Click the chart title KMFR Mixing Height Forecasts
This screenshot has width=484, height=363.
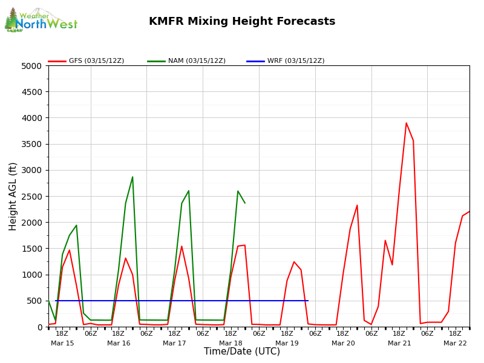(x=242, y=22)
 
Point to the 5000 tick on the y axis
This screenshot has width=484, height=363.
(x=31, y=66)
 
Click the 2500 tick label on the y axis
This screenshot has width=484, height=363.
(x=31, y=197)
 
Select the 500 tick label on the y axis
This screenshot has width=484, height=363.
(x=35, y=301)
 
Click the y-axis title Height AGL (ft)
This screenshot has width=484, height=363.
(x=13, y=196)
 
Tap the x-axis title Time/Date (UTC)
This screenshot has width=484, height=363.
(x=242, y=352)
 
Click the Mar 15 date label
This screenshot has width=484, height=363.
(x=62, y=343)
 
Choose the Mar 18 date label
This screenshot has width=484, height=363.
(x=231, y=343)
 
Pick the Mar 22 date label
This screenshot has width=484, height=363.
(x=455, y=343)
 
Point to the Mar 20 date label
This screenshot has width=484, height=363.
(x=343, y=343)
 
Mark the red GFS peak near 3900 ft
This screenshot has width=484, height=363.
(x=406, y=123)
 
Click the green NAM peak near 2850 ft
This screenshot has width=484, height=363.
(x=132, y=177)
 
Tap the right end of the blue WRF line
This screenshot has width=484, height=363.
(x=307, y=301)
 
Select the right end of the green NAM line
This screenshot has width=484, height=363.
(x=245, y=203)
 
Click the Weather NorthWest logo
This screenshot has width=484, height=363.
(x=41, y=20)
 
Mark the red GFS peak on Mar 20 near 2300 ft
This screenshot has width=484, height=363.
(x=357, y=205)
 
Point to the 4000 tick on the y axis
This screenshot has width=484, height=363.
(x=31, y=118)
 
